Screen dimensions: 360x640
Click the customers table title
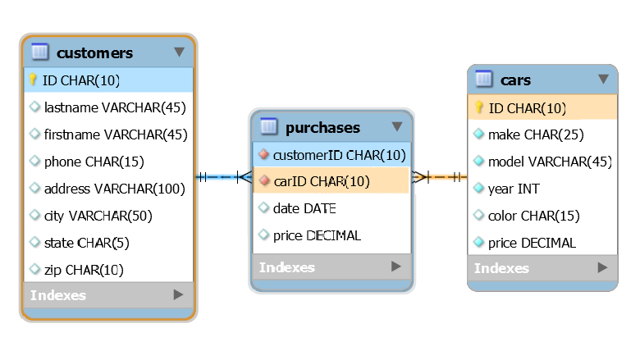click(x=94, y=53)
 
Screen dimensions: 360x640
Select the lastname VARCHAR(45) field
click(x=114, y=107)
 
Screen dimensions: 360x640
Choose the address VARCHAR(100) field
click(x=114, y=189)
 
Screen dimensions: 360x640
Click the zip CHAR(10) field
click(x=83, y=270)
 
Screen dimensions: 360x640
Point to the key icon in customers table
click(x=34, y=80)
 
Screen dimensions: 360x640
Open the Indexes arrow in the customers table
click(x=178, y=295)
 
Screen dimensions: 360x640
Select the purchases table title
click(x=322, y=127)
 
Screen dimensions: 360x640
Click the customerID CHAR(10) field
click(x=339, y=154)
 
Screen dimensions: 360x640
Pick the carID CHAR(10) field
click(x=321, y=181)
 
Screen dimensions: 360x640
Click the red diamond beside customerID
click(x=263, y=154)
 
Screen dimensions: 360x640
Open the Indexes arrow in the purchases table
click(x=395, y=267)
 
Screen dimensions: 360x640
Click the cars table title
click(x=515, y=80)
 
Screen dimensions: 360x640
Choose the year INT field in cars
click(x=514, y=189)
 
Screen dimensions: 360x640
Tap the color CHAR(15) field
click(x=533, y=216)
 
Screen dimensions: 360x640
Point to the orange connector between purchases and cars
click(x=441, y=176)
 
